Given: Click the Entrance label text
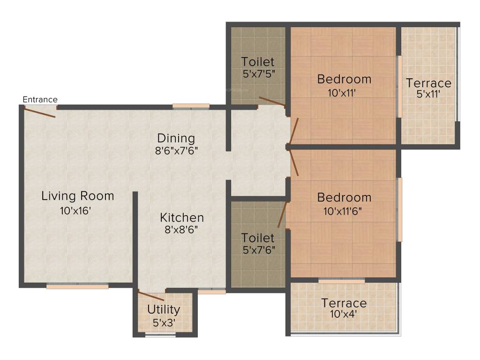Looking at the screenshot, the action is coord(40,99).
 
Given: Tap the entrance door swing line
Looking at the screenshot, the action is coord(40,112).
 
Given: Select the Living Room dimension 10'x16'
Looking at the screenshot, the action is coord(75,210).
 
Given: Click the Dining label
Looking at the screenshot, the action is coord(176,138).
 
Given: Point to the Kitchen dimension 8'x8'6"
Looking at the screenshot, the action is coord(181,230).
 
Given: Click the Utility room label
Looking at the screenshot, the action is coord(164,310).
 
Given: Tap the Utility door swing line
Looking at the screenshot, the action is coord(151,296).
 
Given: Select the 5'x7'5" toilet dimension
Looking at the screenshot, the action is coord(259,74).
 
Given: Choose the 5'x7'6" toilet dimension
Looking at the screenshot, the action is coord(259,250).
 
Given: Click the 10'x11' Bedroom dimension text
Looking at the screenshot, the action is coord(342,93).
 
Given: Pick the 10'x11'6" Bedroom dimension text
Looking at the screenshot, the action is coord(343,211).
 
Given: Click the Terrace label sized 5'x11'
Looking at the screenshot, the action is coord(428,83).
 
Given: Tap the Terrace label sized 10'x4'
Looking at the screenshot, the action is coord(344,303).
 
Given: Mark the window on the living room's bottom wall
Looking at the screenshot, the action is coord(77,286).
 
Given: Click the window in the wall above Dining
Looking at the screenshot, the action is coord(191,106).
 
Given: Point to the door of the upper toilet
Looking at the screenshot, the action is coord(272,102).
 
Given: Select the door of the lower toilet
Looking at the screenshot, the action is coord(283,214).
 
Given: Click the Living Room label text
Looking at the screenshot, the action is coord(78,196).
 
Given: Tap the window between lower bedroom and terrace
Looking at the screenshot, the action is coord(342,281).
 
